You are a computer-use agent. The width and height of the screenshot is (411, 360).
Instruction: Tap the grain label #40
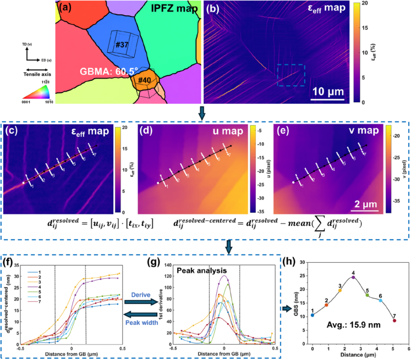(145, 81)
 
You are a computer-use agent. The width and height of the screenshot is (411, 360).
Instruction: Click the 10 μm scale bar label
(327, 92)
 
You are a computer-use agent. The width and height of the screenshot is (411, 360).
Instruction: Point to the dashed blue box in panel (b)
(290, 74)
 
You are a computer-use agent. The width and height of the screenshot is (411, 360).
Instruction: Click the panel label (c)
(10, 131)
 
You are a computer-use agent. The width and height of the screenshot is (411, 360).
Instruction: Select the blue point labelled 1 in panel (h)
(313, 315)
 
